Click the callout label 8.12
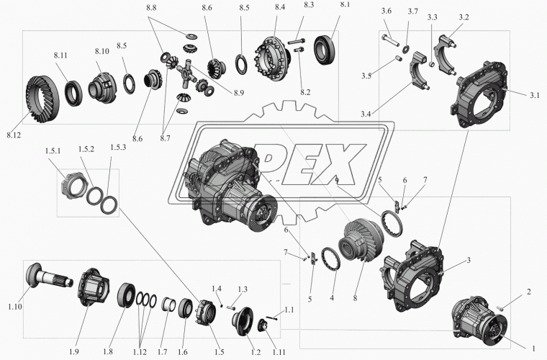click(x=14, y=135)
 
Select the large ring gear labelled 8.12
click(x=42, y=99)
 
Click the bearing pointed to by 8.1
click(x=326, y=50)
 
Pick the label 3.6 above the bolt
click(x=386, y=12)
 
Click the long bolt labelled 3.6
click(x=391, y=40)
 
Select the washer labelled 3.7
click(x=406, y=50)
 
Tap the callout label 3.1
click(x=535, y=95)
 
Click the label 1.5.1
click(x=53, y=151)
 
